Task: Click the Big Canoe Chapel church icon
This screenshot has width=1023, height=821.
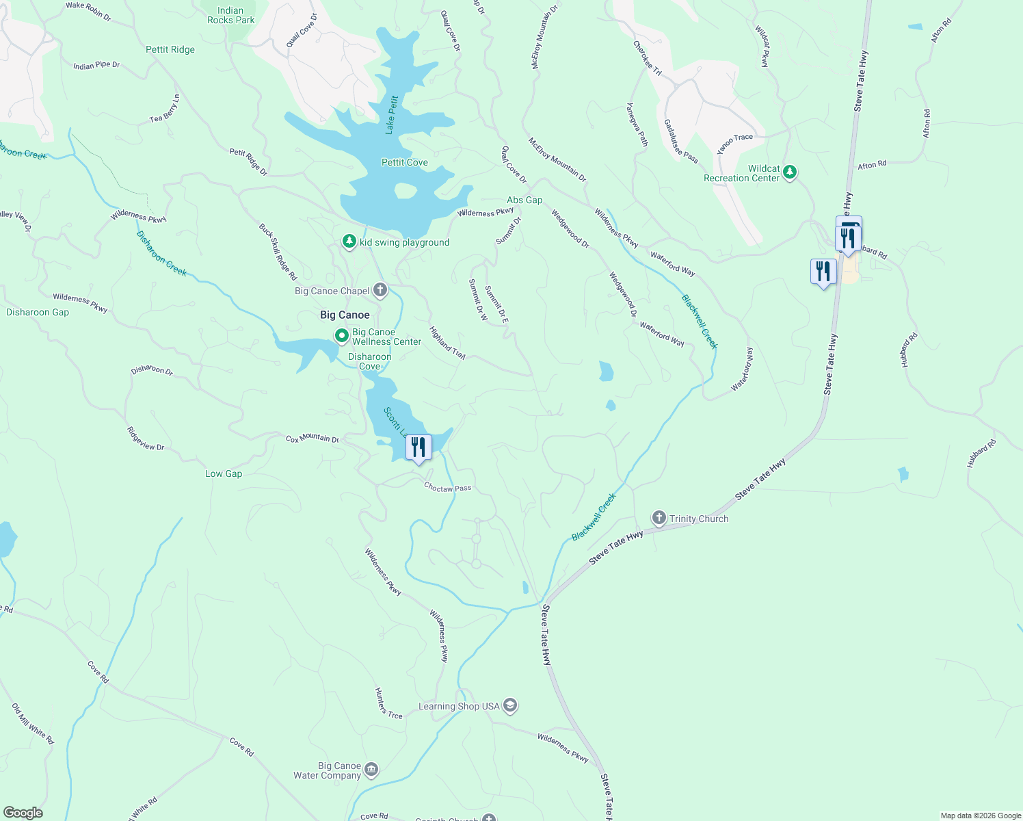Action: coord(380,291)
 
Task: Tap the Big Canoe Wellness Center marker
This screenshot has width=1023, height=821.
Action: coord(342,336)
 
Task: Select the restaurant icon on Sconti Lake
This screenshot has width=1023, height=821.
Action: coord(418,447)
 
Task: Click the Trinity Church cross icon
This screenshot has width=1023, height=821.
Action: coord(659,518)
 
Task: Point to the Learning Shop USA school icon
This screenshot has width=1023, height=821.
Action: coord(509,705)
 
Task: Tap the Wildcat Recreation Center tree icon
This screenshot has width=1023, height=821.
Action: coord(790,172)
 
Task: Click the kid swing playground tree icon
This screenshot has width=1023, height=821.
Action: coord(349,242)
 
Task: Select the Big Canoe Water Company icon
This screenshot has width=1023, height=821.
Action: coord(371,770)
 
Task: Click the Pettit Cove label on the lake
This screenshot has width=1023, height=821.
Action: coord(404,162)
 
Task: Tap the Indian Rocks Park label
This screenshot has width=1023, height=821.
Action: coord(230,15)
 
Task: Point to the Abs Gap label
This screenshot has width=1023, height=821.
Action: coord(524,200)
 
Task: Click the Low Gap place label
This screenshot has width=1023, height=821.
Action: coord(224,473)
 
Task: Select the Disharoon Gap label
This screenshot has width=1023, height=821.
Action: coord(38,312)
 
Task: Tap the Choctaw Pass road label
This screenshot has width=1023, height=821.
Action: coord(448,488)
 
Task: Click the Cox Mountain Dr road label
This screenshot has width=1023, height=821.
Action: coord(313,439)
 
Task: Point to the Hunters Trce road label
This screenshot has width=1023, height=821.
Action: coord(388,703)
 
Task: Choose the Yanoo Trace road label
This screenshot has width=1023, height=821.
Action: coord(734,142)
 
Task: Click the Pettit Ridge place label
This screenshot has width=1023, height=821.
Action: coord(170,49)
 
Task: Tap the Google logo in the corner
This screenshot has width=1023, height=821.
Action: coord(23,813)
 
